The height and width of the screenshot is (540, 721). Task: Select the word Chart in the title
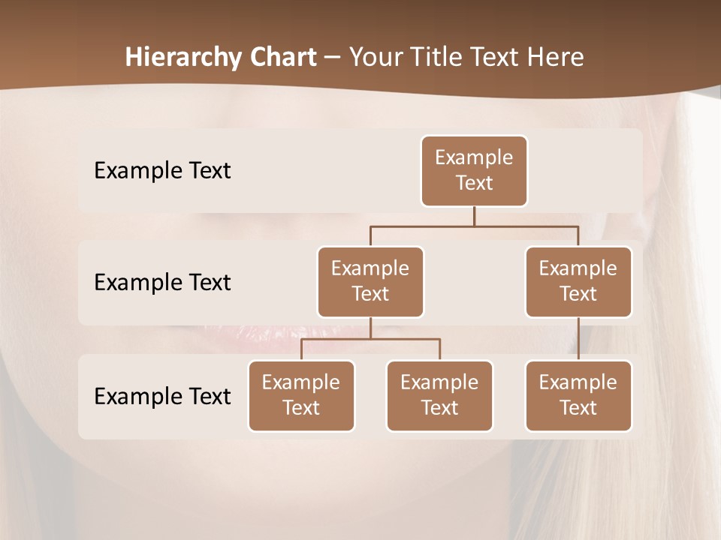[x=279, y=58]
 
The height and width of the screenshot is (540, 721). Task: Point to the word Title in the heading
[x=445, y=58]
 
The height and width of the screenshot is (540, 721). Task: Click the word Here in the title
[x=557, y=58]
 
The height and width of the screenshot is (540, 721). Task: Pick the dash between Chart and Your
[x=333, y=58]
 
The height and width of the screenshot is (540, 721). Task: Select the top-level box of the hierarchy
[x=474, y=171]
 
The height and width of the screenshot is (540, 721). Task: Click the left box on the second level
[x=370, y=282]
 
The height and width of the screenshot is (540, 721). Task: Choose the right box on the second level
[x=578, y=282]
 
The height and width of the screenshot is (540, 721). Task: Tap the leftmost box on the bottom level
[x=301, y=396]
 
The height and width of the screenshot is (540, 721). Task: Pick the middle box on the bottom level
[x=439, y=396]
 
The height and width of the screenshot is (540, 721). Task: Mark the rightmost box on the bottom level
[x=578, y=396]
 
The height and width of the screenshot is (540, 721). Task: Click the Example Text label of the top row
[x=162, y=171]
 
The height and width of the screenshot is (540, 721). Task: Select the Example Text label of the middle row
[x=162, y=283]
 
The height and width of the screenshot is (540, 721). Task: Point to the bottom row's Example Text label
[x=162, y=396]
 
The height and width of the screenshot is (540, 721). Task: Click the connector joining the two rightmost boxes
[x=578, y=339]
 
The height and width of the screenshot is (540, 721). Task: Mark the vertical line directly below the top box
[x=474, y=217]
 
